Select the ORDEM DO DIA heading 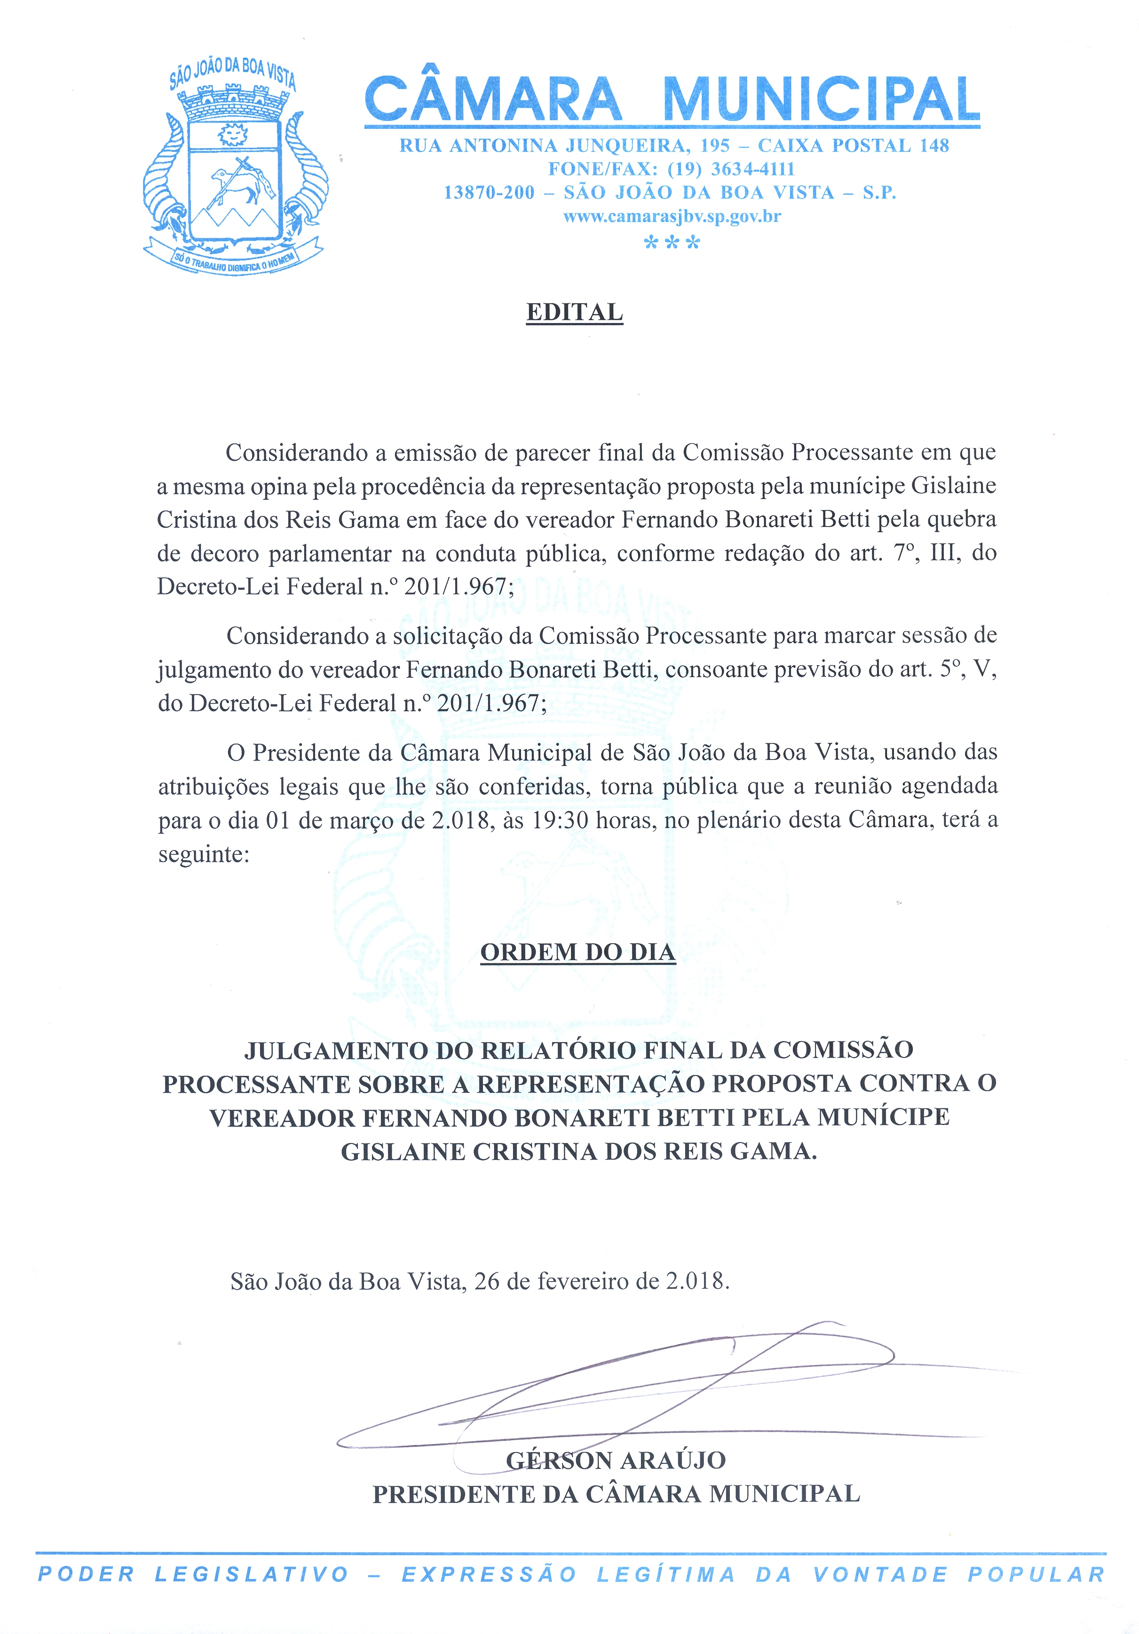click(x=577, y=952)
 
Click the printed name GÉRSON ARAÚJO click(x=616, y=1460)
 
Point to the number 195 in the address click(x=715, y=146)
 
